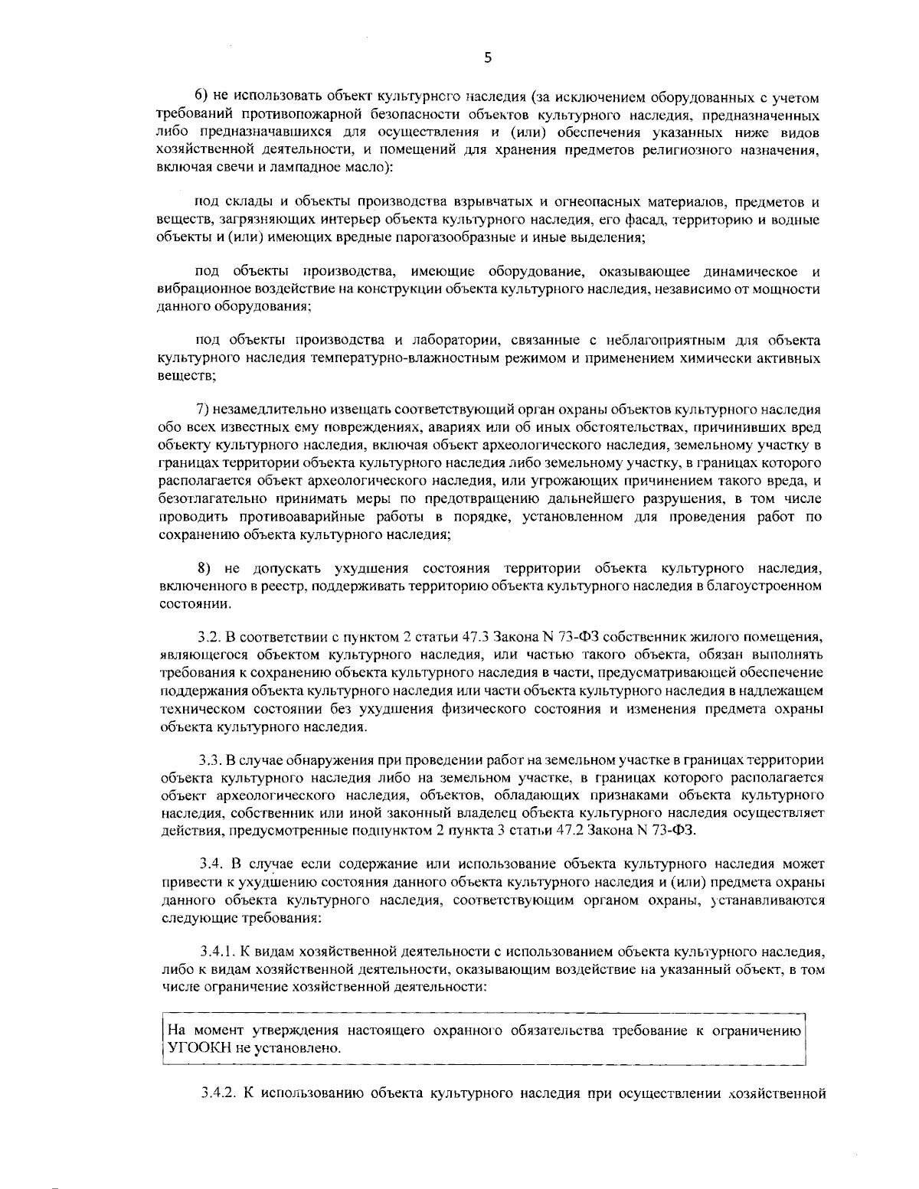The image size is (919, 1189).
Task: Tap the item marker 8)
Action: [204, 568]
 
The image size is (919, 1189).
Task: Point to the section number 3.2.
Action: [209, 636]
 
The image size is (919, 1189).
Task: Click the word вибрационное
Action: [195, 290]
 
